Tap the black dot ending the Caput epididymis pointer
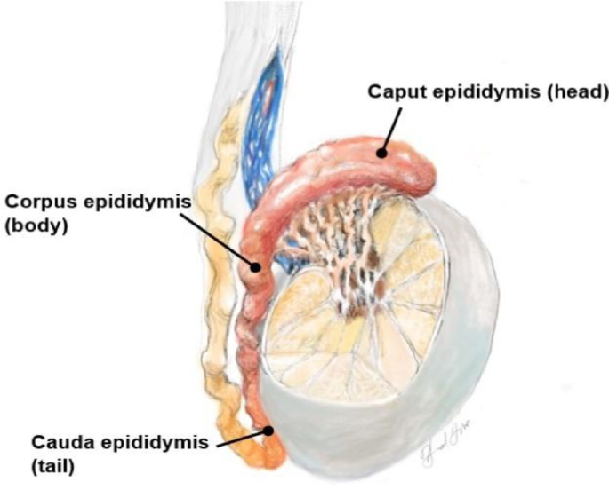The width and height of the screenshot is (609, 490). [x=381, y=152]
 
